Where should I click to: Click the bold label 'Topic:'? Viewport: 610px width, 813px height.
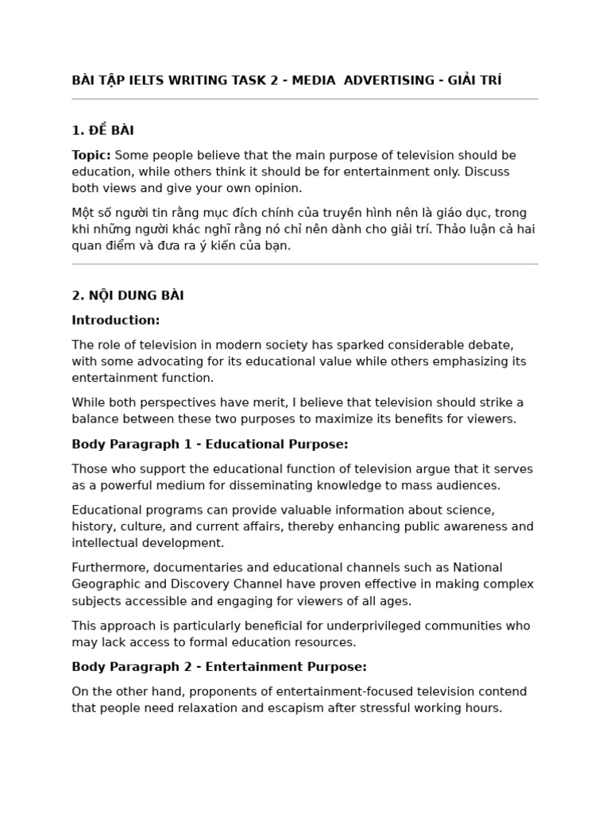(x=91, y=155)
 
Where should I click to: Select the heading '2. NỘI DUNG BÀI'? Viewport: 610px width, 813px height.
(x=128, y=295)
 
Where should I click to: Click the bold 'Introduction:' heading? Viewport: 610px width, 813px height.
(x=116, y=320)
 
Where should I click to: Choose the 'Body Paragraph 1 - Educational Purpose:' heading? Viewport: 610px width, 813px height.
(x=210, y=444)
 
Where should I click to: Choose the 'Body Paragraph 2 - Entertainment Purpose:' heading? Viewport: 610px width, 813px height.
(x=219, y=667)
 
